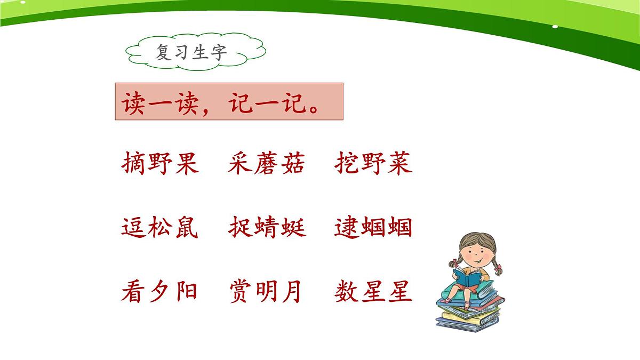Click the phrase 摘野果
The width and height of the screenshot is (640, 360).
click(160, 164)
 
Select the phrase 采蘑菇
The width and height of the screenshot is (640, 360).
click(266, 164)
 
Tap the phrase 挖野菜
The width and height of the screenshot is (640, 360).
click(373, 164)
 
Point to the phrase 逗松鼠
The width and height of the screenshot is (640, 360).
click(160, 228)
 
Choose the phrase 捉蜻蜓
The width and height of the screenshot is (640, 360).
click(267, 228)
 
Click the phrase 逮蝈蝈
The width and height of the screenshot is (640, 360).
click(373, 228)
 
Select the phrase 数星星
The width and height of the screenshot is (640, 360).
click(373, 292)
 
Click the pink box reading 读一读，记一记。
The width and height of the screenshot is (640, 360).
click(228, 101)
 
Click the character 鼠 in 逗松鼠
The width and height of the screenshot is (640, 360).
click(186, 228)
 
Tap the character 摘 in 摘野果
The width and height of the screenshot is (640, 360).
click(134, 164)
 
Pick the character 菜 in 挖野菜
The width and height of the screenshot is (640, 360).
click(399, 164)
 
